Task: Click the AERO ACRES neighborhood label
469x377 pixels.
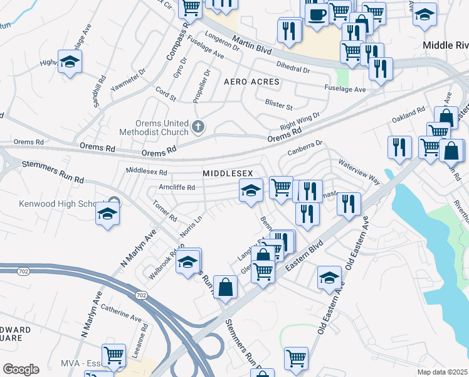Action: tap(252, 82)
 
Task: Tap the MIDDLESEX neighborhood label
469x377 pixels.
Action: tap(227, 172)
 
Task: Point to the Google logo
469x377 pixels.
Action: tap(21, 369)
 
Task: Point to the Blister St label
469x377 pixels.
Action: tap(279, 106)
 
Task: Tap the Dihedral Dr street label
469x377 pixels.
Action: tap(293, 68)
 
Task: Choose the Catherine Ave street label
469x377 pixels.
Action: tap(120, 314)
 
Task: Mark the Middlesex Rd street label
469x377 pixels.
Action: tap(147, 171)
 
